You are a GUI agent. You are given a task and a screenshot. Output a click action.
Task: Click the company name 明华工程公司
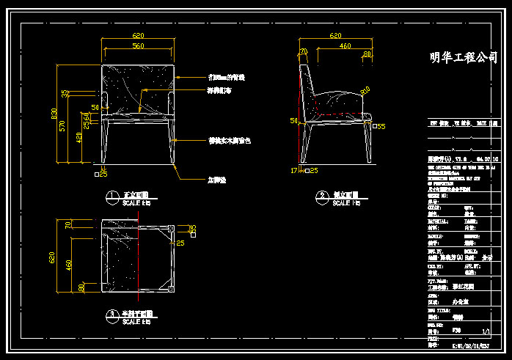462,58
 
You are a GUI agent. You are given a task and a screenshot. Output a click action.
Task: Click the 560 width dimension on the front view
137,47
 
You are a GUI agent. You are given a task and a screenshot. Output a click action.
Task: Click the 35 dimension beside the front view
65,93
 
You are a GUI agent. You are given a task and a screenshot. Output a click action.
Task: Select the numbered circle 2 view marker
321,196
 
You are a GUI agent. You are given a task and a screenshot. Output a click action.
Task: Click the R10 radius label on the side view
365,90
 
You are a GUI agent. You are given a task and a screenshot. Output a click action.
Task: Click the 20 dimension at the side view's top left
303,51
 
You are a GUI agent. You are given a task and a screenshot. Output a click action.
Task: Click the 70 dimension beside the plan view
70,227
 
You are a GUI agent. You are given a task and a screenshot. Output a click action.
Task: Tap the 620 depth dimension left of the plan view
52,257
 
